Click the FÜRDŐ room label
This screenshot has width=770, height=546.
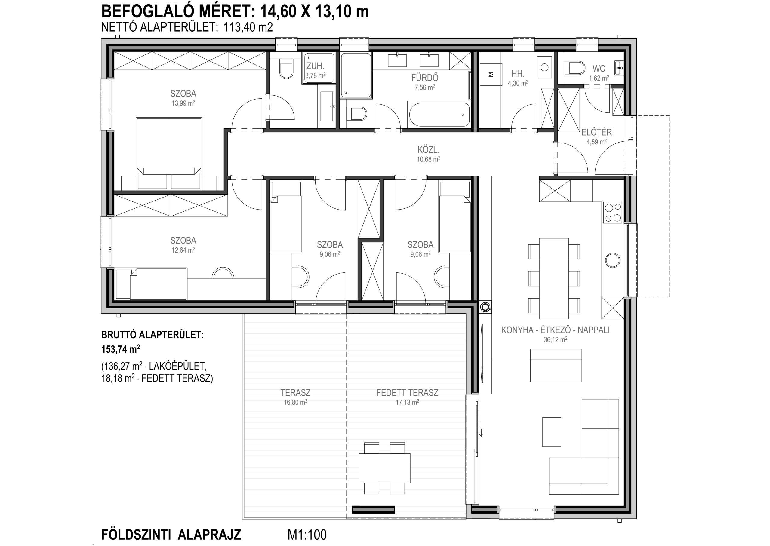pos(425,78)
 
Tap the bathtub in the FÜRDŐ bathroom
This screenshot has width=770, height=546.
pos(439,114)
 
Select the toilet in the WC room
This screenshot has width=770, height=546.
pos(575,68)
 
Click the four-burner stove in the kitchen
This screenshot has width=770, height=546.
pos(613,213)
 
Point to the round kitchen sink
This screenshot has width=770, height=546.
pos(613,260)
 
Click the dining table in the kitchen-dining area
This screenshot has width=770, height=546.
pos(554,278)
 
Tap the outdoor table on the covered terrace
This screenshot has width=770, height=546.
pos(384,468)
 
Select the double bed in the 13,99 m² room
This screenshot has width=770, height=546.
pos(169,153)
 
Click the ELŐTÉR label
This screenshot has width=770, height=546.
pos(596,132)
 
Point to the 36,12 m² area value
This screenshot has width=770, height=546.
pos(556,339)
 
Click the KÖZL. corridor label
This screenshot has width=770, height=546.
pos(428,150)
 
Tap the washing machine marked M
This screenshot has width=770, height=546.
pos(491,75)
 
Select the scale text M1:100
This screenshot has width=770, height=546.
pos(307,535)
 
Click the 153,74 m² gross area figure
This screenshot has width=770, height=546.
pos(121,349)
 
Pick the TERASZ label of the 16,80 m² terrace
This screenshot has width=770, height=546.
pos(295,392)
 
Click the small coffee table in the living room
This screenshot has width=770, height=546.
pos(552,432)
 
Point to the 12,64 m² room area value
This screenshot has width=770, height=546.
pos(183,250)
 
